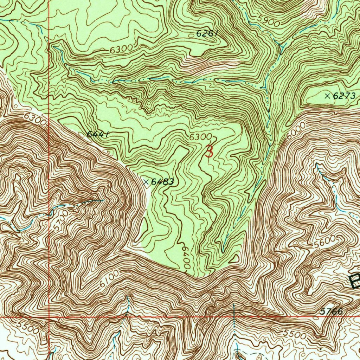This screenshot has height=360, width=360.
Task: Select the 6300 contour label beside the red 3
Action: click(200, 137)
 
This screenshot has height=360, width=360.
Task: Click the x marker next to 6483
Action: click(146, 181)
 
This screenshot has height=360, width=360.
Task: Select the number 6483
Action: click(162, 181)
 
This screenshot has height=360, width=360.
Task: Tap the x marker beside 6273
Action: click(327, 96)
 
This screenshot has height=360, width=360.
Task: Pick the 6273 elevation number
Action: click(345, 96)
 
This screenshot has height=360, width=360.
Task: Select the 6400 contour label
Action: click(186, 258)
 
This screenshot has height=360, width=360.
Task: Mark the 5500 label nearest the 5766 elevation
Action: click(295, 335)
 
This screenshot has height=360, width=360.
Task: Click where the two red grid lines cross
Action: click(49, 317)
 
